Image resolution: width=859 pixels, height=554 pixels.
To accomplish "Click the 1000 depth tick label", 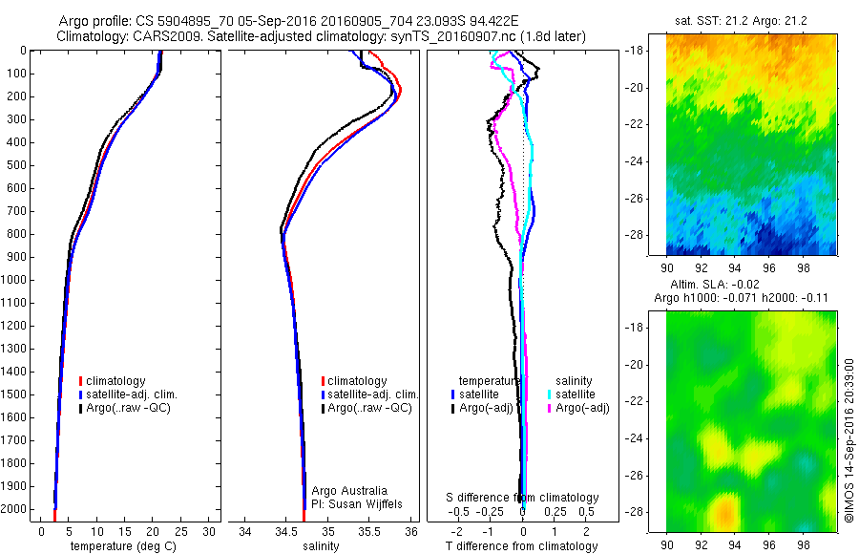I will coord(13,280).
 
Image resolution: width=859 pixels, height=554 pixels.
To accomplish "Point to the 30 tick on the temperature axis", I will coord(210,531).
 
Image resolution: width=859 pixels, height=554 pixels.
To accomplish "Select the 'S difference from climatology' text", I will coord(523,498).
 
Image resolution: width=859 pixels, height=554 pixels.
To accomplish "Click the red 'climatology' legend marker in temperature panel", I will coord(80,381).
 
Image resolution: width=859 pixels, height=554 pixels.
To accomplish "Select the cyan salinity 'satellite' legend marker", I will coord(550,394).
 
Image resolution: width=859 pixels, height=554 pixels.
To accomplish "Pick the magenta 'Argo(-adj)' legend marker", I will coord(550,409).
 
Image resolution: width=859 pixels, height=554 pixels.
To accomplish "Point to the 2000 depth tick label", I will coord(13,509).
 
